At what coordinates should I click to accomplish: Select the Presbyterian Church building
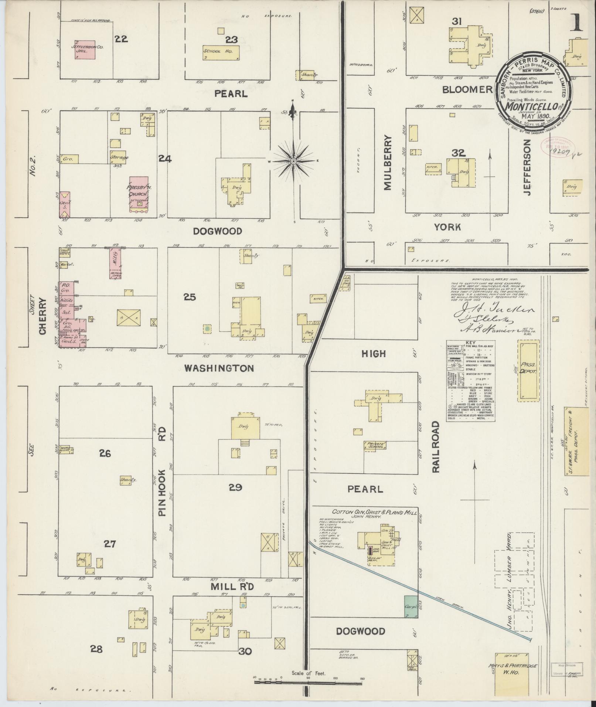[x=139, y=195]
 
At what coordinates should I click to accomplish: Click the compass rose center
[x=293, y=161]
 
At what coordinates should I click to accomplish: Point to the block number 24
[x=165, y=159]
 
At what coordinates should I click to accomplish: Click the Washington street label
[x=219, y=368]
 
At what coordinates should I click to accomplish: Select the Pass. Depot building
[x=528, y=371]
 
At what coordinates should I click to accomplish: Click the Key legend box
[x=470, y=381]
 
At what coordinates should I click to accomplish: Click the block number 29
[x=235, y=487]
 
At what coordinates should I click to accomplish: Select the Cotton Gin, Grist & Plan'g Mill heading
[x=374, y=512]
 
